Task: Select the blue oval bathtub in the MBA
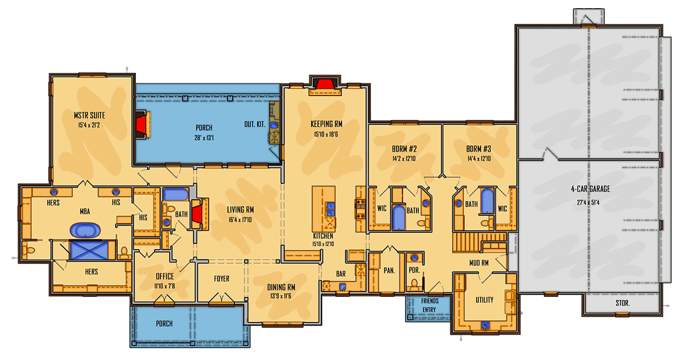pos(86,230)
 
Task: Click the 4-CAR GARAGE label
pos(590,188)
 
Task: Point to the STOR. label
pos(622,303)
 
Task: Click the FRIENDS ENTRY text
pos(429,304)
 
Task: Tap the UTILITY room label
pos(484,300)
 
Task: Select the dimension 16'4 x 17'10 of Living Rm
pos(241,219)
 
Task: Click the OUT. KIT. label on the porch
pos(254,124)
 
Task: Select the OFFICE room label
pos(165,277)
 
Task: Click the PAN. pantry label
pos(389,270)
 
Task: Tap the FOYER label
pos(222,279)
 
